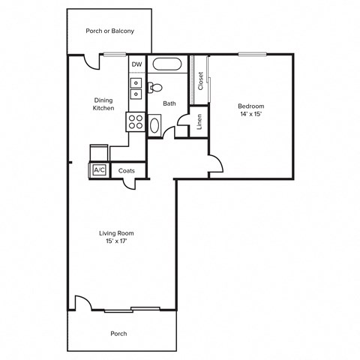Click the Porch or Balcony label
(x=111, y=31)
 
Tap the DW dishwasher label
(x=136, y=64)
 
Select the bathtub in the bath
(x=166, y=64)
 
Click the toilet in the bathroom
(x=153, y=88)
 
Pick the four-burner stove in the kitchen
(x=136, y=121)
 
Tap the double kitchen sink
(x=136, y=88)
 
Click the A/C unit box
(x=99, y=170)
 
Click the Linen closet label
(x=200, y=122)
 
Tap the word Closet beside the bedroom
(x=200, y=80)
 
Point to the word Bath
(x=169, y=103)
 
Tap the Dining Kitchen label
(x=103, y=104)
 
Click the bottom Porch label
(x=118, y=333)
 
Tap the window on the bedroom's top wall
(x=250, y=53)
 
